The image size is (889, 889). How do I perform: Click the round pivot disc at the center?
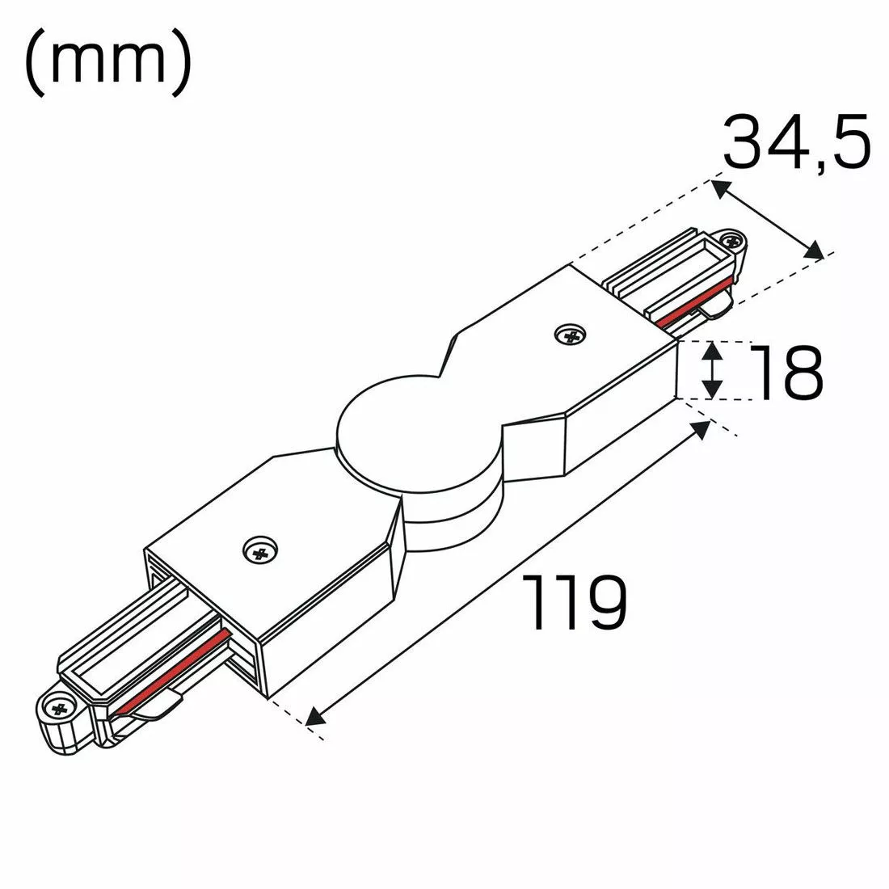[419, 434]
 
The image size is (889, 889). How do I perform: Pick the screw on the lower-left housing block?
[259, 549]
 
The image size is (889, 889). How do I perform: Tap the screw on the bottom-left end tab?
[59, 708]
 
